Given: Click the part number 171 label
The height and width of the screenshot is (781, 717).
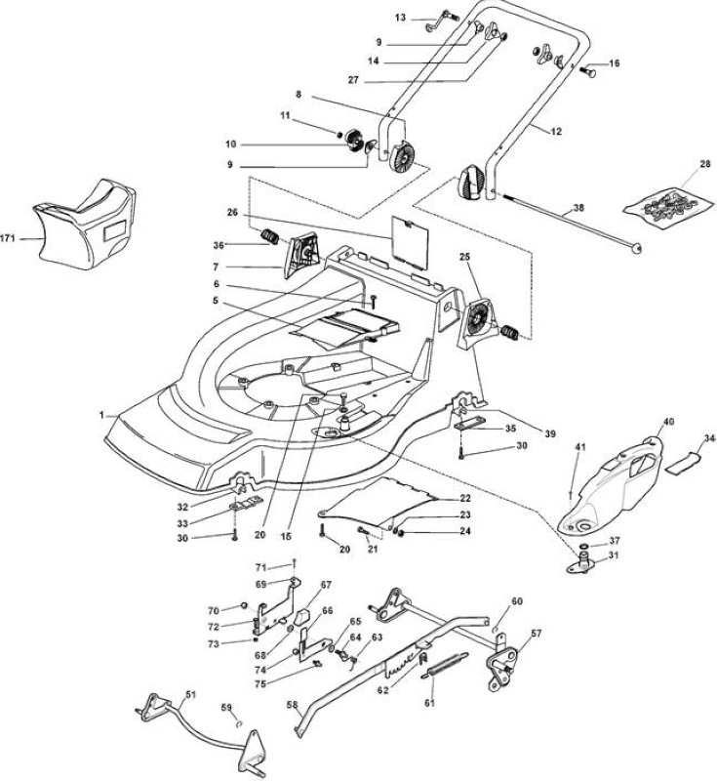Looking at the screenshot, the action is point(7,238).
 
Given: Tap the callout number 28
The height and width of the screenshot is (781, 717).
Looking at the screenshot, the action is point(705,164).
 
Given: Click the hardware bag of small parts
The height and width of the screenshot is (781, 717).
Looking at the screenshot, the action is point(668,206).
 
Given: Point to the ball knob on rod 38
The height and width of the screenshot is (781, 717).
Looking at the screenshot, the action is point(635,248).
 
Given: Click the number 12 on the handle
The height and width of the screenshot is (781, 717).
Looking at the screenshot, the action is point(556,132).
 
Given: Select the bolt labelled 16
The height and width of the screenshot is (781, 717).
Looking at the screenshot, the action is point(587,68).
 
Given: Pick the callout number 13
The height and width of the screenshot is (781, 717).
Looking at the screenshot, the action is point(401,18).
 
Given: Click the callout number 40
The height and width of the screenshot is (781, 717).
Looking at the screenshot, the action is point(669,422).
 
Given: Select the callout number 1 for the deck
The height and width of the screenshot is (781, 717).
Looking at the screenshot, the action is point(102,415).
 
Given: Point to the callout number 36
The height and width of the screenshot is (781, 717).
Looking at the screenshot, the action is point(219,245).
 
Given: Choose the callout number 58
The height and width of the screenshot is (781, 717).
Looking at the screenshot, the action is point(292,705).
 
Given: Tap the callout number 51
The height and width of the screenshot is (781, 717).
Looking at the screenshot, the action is point(190,694).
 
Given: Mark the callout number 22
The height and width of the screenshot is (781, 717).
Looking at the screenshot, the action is point(464,498).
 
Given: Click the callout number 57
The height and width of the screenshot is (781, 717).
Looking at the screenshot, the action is point(537,634).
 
